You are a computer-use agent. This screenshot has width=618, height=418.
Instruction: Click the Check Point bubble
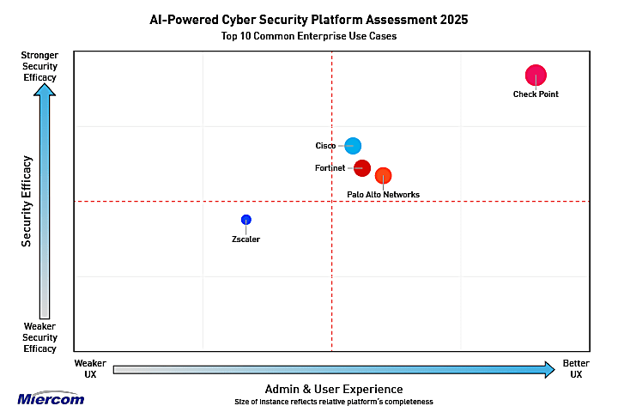click(536, 76)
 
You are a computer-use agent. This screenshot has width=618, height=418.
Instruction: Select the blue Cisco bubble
click(353, 146)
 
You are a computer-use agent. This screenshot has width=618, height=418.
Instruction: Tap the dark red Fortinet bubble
click(362, 168)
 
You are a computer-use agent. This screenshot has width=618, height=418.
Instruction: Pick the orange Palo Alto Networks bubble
click(383, 176)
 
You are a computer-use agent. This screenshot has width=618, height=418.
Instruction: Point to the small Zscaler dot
click(246, 220)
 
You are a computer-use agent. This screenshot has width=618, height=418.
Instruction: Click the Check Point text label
click(536, 94)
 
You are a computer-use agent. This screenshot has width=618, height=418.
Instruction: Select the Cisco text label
click(325, 146)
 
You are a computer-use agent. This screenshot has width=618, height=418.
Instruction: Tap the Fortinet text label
click(330, 168)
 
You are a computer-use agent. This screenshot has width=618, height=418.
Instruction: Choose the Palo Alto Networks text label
click(383, 195)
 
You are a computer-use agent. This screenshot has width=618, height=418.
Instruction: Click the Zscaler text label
click(245, 239)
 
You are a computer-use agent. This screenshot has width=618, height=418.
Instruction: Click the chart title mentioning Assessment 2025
click(309, 20)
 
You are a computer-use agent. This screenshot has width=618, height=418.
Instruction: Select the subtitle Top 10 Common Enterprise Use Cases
click(309, 37)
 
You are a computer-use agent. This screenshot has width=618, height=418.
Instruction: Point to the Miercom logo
click(51, 398)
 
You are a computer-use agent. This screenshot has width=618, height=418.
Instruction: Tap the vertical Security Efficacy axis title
click(27, 201)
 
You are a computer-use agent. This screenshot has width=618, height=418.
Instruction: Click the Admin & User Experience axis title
click(333, 389)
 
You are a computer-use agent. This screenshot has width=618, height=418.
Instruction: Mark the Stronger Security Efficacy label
click(39, 66)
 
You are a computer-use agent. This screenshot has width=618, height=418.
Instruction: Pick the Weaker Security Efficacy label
click(39, 337)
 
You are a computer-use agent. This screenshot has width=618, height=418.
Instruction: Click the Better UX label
click(576, 369)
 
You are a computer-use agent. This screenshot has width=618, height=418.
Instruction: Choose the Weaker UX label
click(90, 369)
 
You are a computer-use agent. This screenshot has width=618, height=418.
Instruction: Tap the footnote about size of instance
click(333, 402)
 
